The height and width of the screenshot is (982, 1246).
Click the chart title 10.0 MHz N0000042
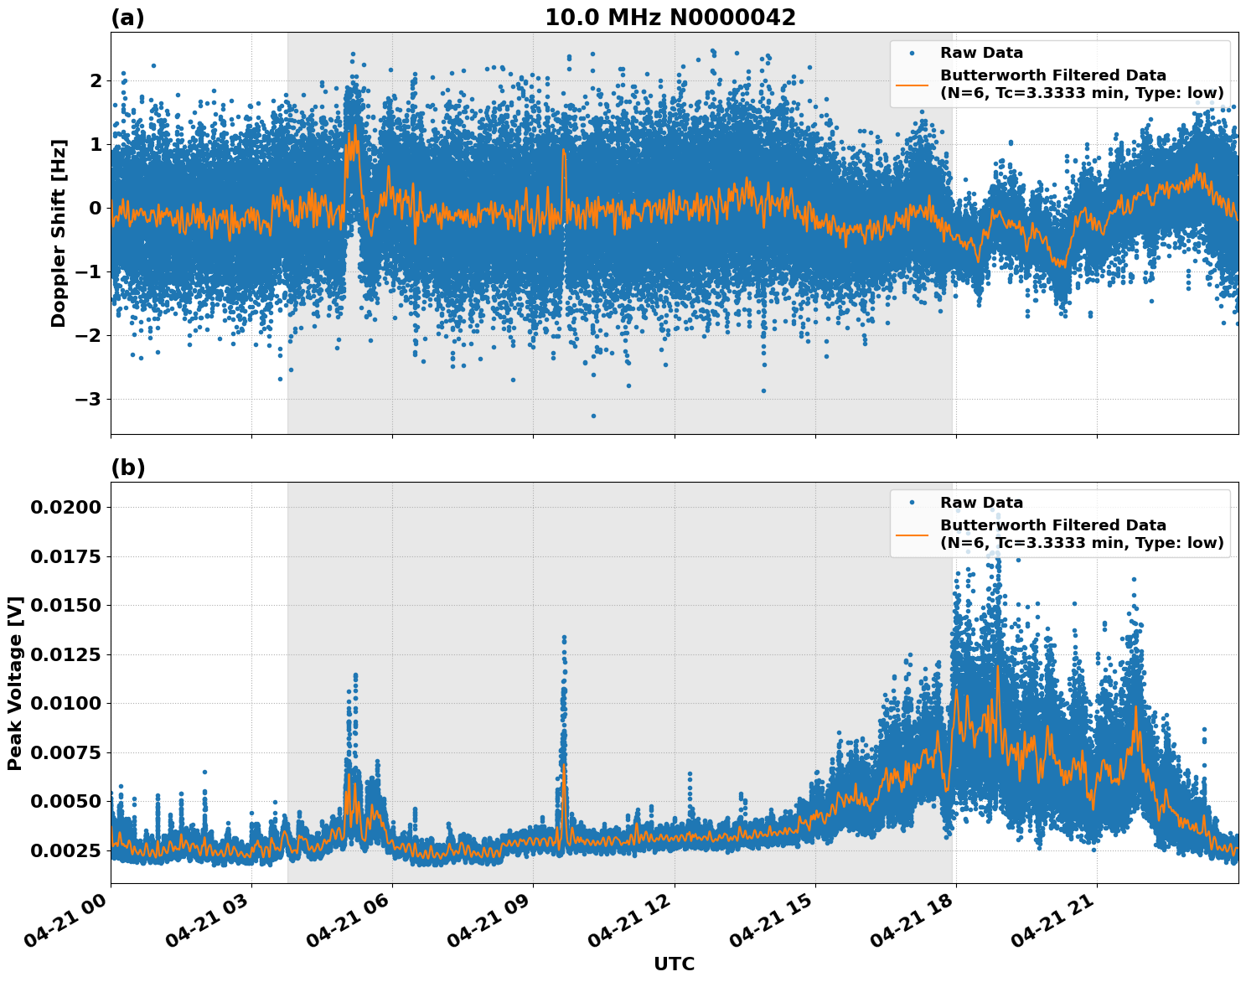[x=670, y=18]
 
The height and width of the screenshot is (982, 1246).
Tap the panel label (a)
[x=127, y=18]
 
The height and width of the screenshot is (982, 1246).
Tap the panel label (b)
[x=127, y=468]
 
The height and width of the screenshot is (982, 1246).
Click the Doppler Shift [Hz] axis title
[x=59, y=232]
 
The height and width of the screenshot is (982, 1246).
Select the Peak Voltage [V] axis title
[x=15, y=683]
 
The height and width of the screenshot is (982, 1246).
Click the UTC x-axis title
[x=674, y=964]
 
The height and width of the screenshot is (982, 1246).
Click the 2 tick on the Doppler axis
[x=96, y=80]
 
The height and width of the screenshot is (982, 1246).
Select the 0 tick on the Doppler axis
[x=96, y=208]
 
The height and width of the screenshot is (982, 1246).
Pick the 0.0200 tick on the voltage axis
[x=67, y=507]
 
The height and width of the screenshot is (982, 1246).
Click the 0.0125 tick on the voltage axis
[x=67, y=654]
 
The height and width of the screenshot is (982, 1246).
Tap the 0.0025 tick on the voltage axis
[x=67, y=850]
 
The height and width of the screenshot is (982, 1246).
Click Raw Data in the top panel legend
[x=981, y=53]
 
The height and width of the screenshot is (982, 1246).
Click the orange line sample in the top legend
[x=912, y=84]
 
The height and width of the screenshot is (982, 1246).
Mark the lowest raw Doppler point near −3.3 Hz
[x=593, y=416]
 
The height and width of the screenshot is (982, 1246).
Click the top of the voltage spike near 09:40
[x=564, y=638]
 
